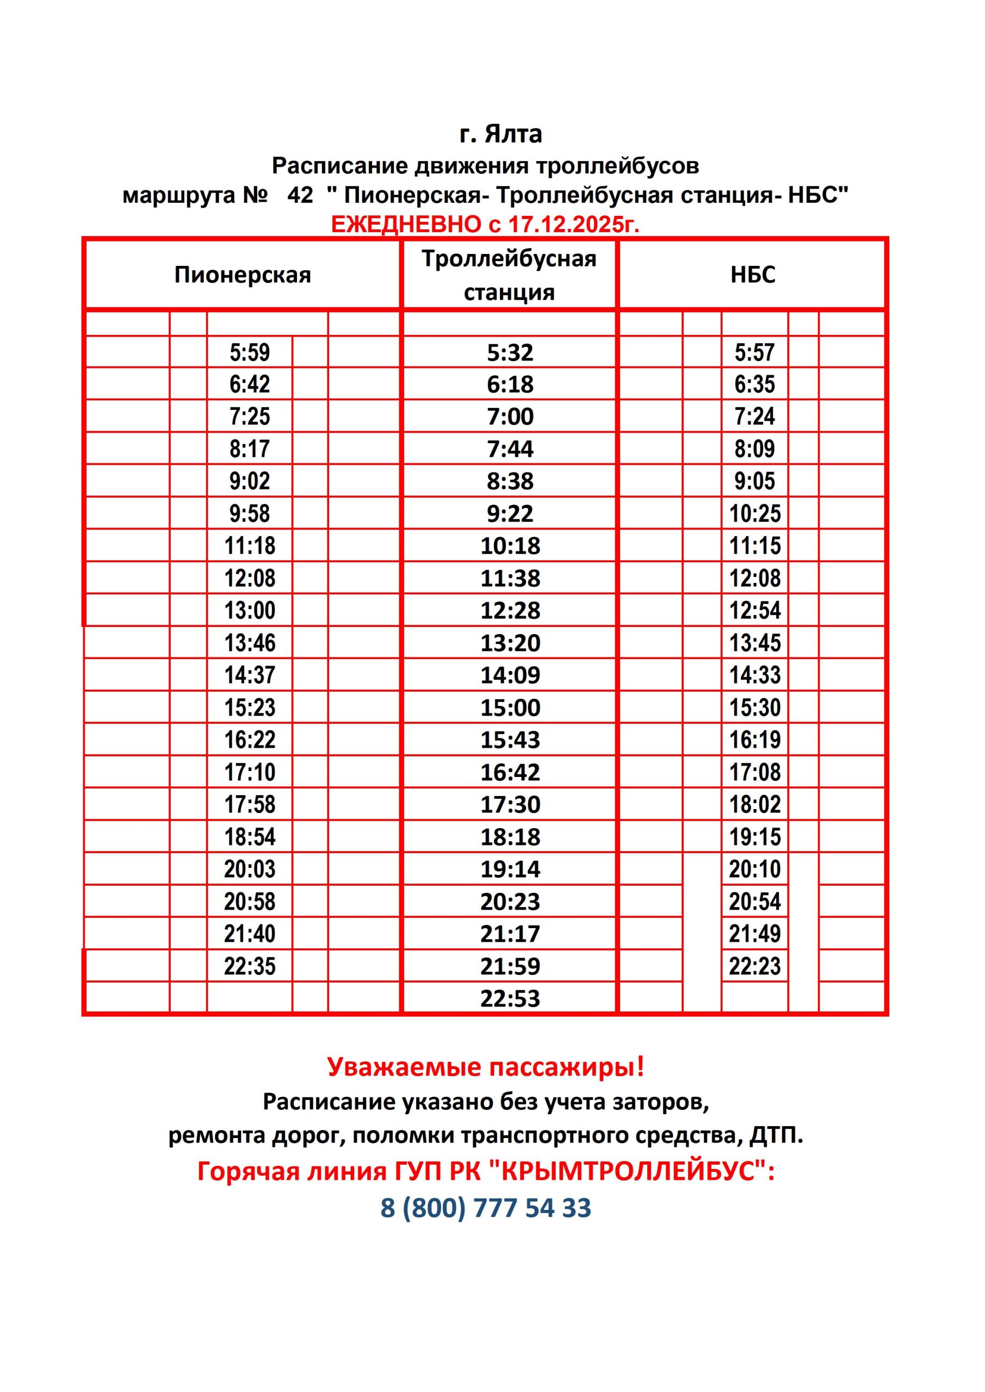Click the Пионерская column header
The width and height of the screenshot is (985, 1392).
tap(242, 275)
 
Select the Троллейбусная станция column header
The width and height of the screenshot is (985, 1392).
tap(509, 275)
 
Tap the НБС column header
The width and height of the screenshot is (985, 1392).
tap(753, 275)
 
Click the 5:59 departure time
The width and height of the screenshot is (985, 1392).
tap(249, 352)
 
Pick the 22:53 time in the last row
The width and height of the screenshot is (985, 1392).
tap(510, 998)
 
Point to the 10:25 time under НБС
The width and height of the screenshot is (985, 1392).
tap(754, 513)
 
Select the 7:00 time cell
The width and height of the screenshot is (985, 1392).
tap(510, 417)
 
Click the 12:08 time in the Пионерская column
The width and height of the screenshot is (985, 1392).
tap(249, 578)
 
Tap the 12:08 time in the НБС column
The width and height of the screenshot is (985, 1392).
tap(754, 578)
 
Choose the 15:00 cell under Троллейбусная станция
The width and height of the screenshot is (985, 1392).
tap(510, 707)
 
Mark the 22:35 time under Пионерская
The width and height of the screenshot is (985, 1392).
tap(249, 966)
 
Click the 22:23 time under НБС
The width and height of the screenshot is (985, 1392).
tap(754, 966)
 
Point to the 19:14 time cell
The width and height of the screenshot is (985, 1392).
tap(510, 869)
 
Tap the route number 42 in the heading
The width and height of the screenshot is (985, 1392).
tap(300, 195)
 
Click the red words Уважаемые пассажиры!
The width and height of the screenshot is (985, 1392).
tap(485, 1066)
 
